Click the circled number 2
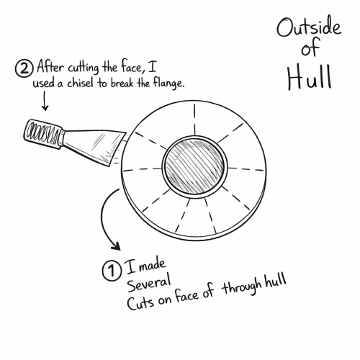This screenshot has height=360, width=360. coord(24,68)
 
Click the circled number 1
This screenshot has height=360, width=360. coord(112,271)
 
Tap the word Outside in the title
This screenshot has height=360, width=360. coord(309,27)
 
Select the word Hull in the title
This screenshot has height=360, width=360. coord(310,77)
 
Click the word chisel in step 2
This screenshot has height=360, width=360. coord(80,83)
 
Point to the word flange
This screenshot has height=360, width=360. coord(168,83)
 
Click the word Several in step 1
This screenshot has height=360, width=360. coord(149,282)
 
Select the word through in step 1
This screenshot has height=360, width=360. coord(242,286)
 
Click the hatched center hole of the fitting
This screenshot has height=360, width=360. coord(194,167)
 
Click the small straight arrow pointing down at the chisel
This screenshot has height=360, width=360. coord(45,101)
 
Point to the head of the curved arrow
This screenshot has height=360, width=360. coord(116,246)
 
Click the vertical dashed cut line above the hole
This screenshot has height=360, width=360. coord(194,120)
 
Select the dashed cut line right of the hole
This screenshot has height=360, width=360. coord(246,169)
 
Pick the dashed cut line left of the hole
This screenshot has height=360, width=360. coord(143,169)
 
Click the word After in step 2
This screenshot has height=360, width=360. coord(50,66)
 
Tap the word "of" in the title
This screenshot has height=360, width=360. coord(311,48)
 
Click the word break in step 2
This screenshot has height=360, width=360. coord(122,83)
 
